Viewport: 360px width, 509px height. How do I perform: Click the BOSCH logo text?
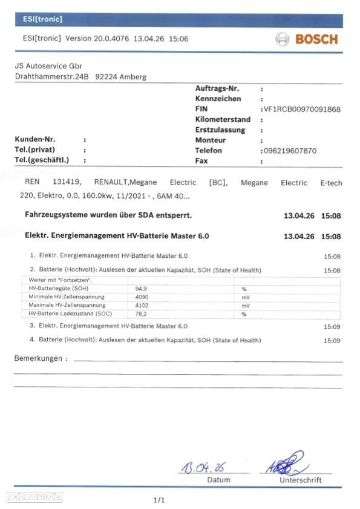pos(316,40)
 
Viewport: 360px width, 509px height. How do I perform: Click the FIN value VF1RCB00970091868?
pos(301,109)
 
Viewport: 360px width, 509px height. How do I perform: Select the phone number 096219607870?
pos(289,151)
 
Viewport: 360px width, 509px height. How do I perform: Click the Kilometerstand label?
pos(223,120)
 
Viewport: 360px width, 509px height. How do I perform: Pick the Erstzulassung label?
pos(220,130)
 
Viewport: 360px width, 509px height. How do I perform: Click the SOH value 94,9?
pos(142,289)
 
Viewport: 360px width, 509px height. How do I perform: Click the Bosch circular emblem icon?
pos(283,40)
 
